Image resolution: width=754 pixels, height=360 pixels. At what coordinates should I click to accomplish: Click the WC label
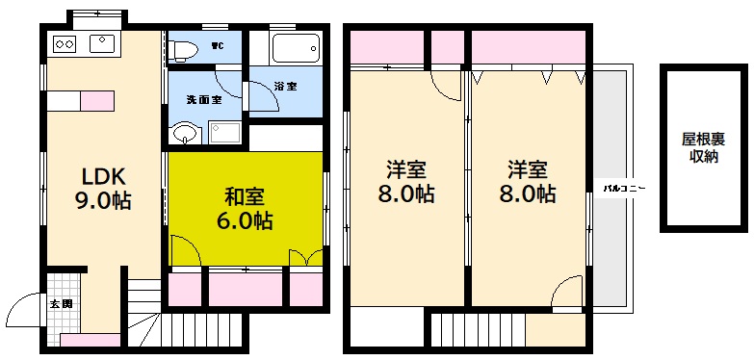coord(219,44)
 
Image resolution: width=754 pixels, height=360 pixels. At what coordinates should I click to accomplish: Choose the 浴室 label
coord(285,86)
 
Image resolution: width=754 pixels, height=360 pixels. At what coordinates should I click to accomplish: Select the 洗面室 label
coord(203,98)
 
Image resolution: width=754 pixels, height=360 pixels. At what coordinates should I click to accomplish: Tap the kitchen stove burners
coord(65,43)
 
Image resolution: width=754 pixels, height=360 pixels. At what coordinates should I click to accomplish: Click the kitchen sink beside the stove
coord(103,43)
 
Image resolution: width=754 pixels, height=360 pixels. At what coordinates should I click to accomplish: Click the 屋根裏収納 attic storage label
coord(704,148)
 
